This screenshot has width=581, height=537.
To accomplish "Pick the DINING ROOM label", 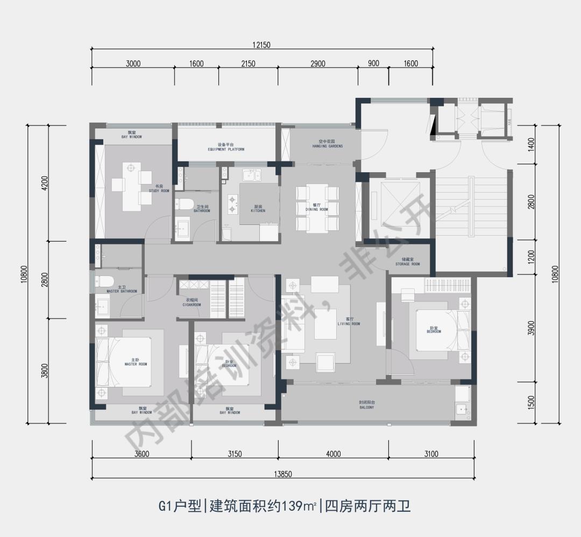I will (316, 207).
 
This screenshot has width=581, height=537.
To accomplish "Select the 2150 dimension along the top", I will (248, 63).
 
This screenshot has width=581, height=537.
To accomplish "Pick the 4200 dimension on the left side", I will (45, 183).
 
